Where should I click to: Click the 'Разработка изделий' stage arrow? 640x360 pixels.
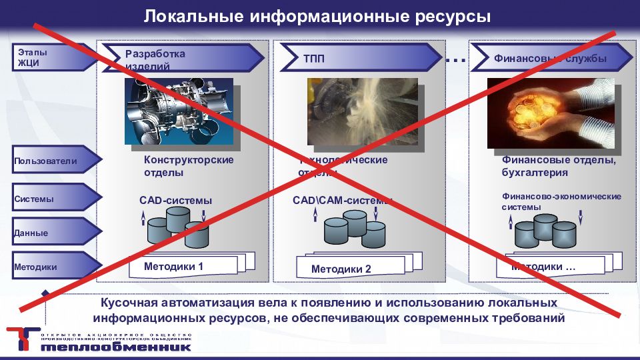[180, 59]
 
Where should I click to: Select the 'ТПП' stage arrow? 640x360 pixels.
[360, 59]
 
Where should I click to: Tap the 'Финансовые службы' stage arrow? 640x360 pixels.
[551, 59]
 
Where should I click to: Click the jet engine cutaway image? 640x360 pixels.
[179, 111]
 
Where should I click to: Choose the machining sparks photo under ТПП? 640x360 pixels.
[362, 111]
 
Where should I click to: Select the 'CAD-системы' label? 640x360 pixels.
[176, 200]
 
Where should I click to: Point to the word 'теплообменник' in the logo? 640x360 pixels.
[115, 347]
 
